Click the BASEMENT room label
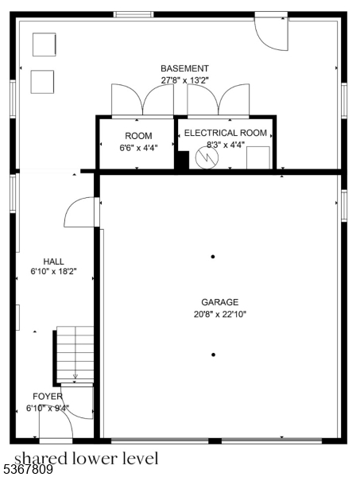pos(184,68)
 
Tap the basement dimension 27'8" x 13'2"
pos(184,79)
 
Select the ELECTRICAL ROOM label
pos(226,133)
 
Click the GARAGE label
pos(214,302)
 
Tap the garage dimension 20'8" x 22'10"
pos(214,314)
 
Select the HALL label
pos(54,262)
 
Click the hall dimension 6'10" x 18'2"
pos(54,273)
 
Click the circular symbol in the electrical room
pos(206,158)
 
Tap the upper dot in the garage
pos(213,256)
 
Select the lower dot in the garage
pos(213,355)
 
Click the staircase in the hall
pos(75,354)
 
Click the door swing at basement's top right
pos(270,32)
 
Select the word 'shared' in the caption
pos(38,458)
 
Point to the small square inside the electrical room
pos(257,157)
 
